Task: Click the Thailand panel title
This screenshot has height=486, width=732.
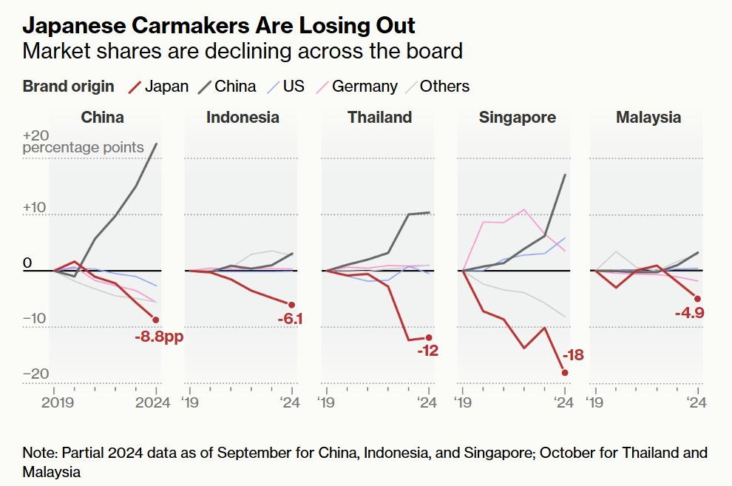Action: (x=379, y=117)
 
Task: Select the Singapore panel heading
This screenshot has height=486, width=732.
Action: (x=517, y=117)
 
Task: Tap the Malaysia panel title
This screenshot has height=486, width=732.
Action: (x=648, y=117)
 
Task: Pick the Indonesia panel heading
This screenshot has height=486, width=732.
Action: (x=243, y=117)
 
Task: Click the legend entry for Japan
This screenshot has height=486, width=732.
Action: (x=158, y=87)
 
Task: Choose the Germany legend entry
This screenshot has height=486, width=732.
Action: (x=356, y=87)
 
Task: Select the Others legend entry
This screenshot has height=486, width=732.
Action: (x=436, y=87)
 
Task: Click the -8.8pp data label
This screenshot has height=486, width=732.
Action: (x=158, y=337)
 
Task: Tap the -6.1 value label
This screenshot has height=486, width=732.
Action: (x=291, y=320)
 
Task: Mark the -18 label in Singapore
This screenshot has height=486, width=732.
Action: (x=574, y=356)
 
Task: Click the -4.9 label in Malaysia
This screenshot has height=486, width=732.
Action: (x=688, y=314)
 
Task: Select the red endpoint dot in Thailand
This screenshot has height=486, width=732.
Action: (x=428, y=337)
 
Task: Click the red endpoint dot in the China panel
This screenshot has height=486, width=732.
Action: (x=156, y=320)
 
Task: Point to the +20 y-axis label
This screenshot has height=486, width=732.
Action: (x=35, y=136)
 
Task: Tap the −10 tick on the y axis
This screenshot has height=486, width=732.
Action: (x=35, y=320)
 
